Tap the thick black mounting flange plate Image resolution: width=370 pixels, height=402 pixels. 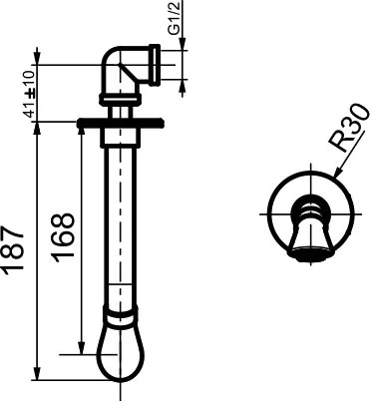pos(120,124)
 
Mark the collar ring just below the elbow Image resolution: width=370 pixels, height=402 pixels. pos(120,98)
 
